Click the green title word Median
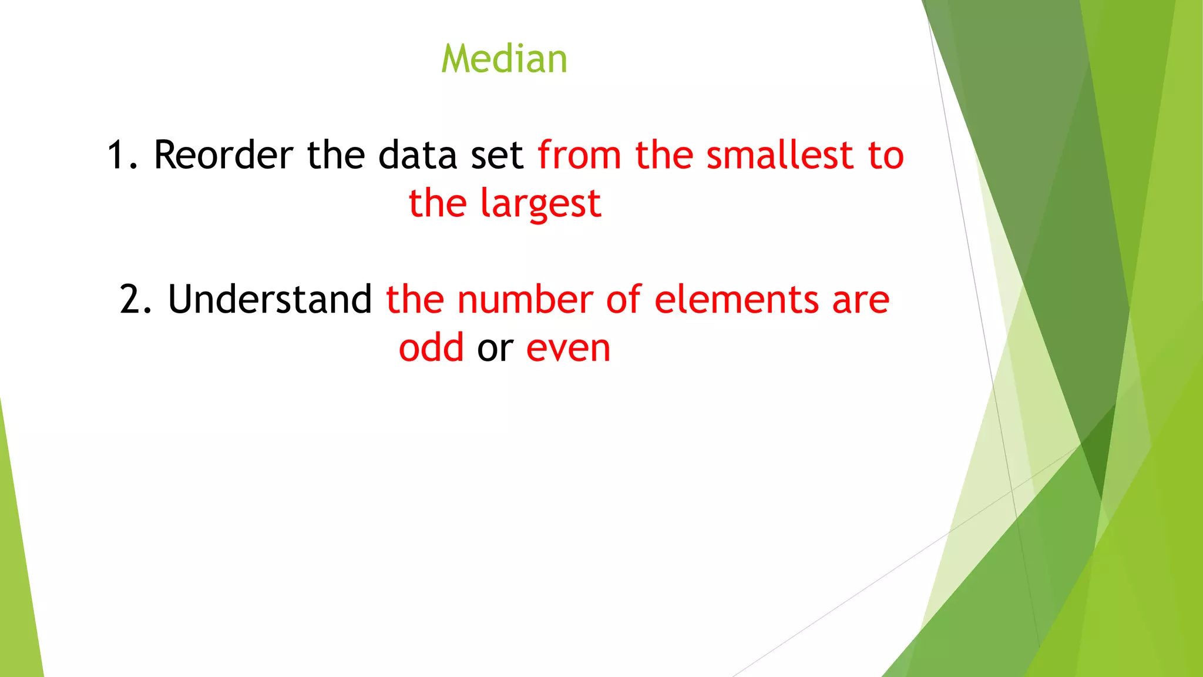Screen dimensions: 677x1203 (504, 59)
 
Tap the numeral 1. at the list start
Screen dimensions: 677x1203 (122, 155)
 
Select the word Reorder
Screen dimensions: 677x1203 (223, 155)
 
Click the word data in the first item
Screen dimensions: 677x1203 (417, 155)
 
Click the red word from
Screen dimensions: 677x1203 (579, 155)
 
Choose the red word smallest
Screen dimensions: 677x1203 (779, 155)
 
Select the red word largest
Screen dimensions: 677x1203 (540, 204)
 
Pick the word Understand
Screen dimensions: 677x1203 (270, 299)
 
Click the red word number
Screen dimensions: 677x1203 (525, 299)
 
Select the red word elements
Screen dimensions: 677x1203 (736, 299)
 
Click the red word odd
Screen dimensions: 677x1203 (431, 347)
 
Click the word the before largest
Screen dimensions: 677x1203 (438, 203)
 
